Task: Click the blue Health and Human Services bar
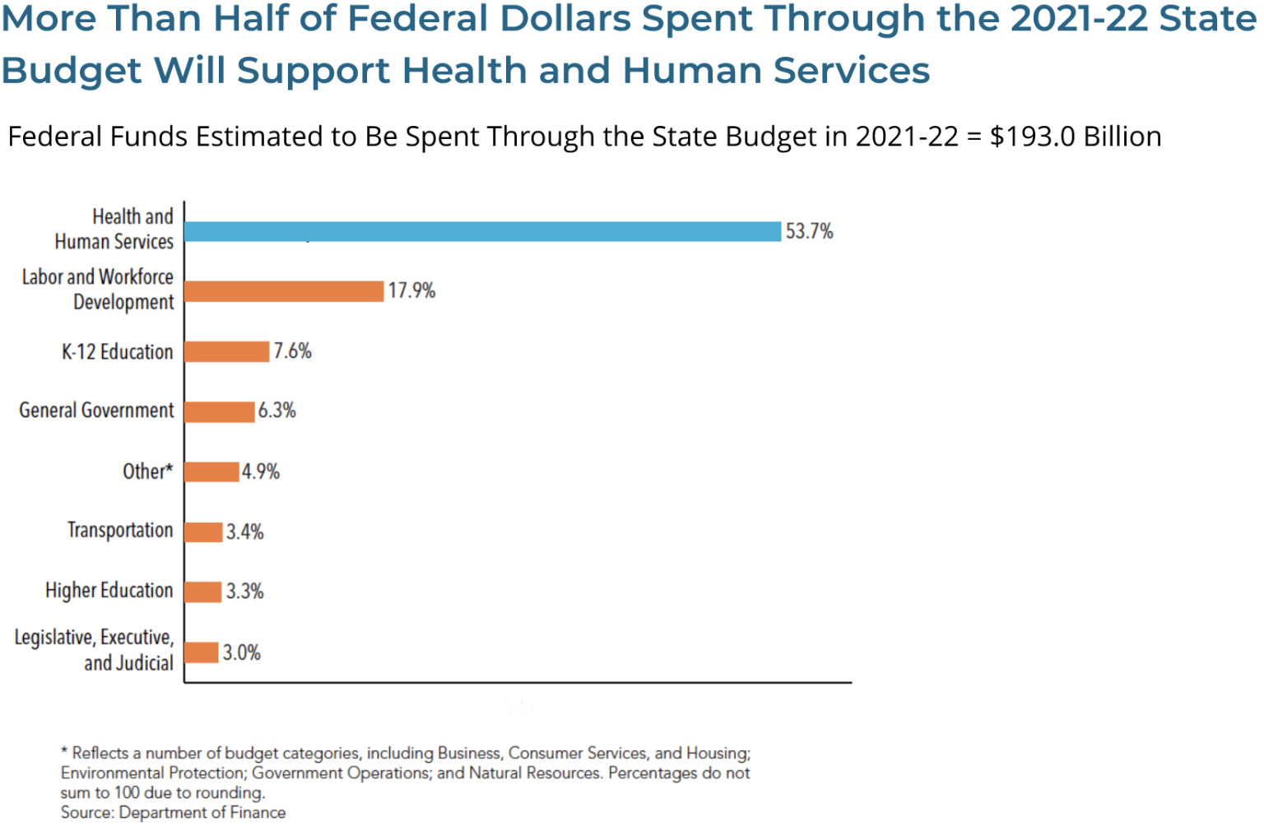coord(482,231)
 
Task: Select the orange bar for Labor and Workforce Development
coord(284,291)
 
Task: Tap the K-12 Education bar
coord(226,351)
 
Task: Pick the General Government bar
coord(219,411)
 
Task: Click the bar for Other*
coord(211,471)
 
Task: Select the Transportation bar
coord(203,532)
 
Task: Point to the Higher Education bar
coord(202,592)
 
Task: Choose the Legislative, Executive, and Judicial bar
coord(201,652)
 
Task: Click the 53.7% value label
coord(809,231)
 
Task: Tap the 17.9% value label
coord(411,290)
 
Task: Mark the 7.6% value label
coord(292,351)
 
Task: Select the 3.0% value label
coord(241,652)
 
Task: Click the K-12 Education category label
coord(117,352)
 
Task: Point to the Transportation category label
coord(120,531)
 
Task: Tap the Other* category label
coord(148,471)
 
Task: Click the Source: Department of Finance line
coord(173,813)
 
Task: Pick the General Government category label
coord(96,411)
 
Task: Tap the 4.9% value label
coord(260,471)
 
